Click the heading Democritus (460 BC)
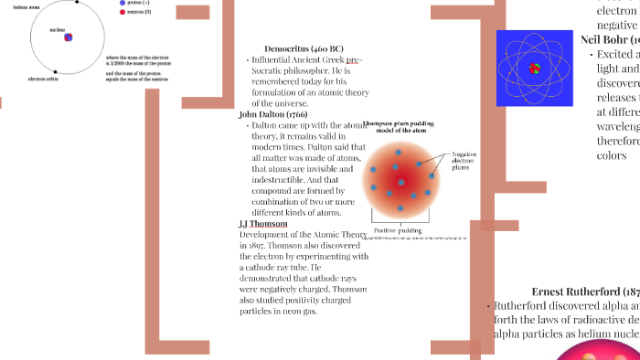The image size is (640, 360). (x=304, y=48)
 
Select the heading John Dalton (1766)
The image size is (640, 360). (x=272, y=114)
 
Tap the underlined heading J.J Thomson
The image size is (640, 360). (x=262, y=224)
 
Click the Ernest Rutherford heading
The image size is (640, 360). (x=585, y=291)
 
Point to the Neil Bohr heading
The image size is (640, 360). (x=610, y=39)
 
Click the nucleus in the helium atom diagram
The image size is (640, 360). (x=68, y=37)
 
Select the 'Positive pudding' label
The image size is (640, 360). (x=398, y=230)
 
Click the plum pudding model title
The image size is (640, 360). (x=401, y=127)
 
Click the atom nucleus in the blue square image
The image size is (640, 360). (x=535, y=68)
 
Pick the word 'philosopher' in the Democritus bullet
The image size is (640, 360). (x=299, y=70)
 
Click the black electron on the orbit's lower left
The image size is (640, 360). (x=55, y=71)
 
